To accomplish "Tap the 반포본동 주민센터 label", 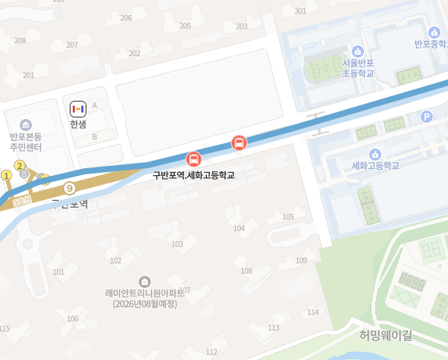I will click(26, 141).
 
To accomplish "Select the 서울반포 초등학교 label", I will click(357, 68).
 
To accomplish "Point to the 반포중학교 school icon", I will click(434, 33).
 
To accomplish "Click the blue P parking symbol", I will click(426, 117).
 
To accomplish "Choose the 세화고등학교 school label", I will click(375, 165).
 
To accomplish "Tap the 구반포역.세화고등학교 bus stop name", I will click(193, 175).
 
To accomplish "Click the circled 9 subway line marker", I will click(70, 188).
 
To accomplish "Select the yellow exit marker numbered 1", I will click(6, 176).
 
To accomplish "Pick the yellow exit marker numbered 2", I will click(20, 166).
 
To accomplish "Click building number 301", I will click(300, 11).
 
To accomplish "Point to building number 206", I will click(126, 17).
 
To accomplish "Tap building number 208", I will click(20, 40).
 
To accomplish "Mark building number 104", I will click(239, 228).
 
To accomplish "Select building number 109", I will click(302, 261).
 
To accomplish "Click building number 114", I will click(312, 312).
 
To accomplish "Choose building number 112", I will click(211, 352).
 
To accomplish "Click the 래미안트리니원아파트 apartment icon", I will click(145, 280).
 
